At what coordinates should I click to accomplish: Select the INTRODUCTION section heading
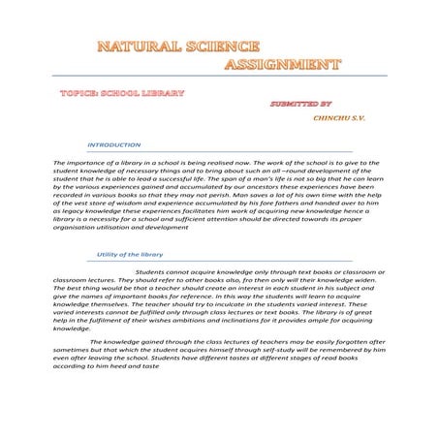[x=114, y=144]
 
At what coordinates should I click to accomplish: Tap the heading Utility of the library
[x=131, y=254]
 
